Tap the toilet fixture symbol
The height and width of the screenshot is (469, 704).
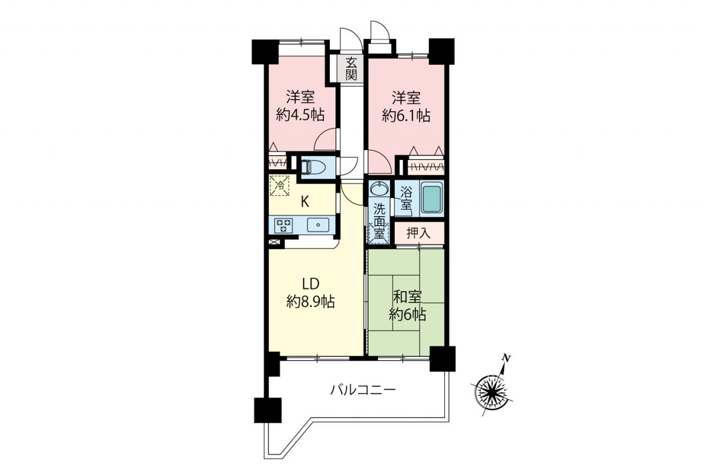click(x=311, y=168)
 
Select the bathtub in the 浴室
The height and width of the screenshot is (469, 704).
click(x=432, y=199)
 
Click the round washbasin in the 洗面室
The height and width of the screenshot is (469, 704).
click(x=379, y=189)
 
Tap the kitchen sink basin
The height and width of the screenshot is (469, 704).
click(x=318, y=225)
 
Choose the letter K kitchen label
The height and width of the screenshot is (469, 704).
click(x=305, y=202)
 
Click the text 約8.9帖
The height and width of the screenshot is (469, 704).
click(x=311, y=302)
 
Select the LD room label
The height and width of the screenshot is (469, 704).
click(x=311, y=284)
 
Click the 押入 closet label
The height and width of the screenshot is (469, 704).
click(x=419, y=233)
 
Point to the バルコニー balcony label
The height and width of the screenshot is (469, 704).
click(x=363, y=390)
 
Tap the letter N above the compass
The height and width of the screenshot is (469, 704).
click(x=506, y=358)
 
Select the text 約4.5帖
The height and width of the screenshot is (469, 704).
click(x=300, y=115)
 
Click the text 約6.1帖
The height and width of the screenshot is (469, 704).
click(x=406, y=115)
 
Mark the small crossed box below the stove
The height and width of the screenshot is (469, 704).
click(x=274, y=242)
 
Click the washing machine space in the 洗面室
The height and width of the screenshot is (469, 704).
click(x=379, y=233)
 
